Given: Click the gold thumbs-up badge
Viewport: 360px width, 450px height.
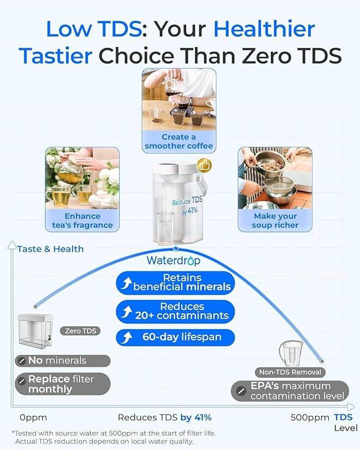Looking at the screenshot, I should coord(204,165).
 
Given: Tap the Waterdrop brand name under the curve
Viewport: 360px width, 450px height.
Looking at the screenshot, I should coord(173,261).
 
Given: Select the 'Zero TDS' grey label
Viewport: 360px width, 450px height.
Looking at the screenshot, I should coord(81,331).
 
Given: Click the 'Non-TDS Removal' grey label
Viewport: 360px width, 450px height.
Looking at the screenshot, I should coord(289,372).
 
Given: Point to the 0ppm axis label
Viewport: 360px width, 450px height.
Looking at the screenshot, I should coord(34,417).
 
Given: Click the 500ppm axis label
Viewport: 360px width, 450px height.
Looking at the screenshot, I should coord(310,417).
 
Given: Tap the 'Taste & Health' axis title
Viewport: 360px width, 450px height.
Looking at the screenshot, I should coord(50,249).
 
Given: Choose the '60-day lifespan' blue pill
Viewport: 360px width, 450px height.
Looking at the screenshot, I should coord(175,337).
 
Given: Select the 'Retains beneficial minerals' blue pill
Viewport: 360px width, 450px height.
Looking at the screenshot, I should coord(175,283).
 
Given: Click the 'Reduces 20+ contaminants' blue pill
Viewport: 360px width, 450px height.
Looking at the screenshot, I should coord(175,311).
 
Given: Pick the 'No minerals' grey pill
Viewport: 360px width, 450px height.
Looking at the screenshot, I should coord(62,360).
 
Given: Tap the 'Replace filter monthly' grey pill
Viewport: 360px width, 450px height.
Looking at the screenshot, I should coord(62,384).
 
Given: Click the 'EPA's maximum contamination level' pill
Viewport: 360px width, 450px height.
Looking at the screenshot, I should coord(290,391).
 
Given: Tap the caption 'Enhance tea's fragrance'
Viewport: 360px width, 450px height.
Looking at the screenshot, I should coord(82,220).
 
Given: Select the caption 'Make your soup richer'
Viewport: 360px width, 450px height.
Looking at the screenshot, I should coord(275,220).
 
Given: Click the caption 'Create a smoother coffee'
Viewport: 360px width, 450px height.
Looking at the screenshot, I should coord(179,141).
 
